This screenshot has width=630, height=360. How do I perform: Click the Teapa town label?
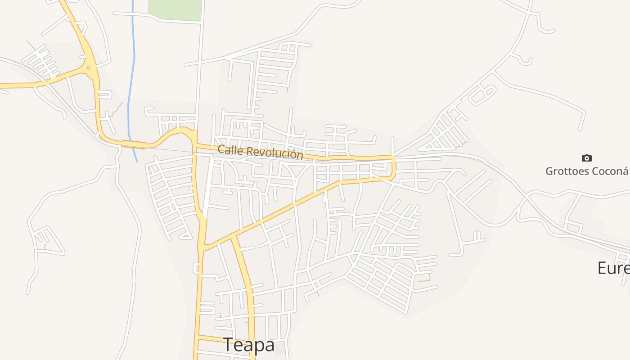249,345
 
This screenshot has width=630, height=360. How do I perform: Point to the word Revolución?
275,153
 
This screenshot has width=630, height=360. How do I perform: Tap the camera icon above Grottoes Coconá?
587,158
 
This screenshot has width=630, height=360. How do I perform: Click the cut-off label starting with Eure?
613,268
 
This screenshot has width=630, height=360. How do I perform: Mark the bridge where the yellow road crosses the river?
134,144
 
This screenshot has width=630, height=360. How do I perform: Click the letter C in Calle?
221,149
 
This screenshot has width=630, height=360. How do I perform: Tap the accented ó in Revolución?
293,154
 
